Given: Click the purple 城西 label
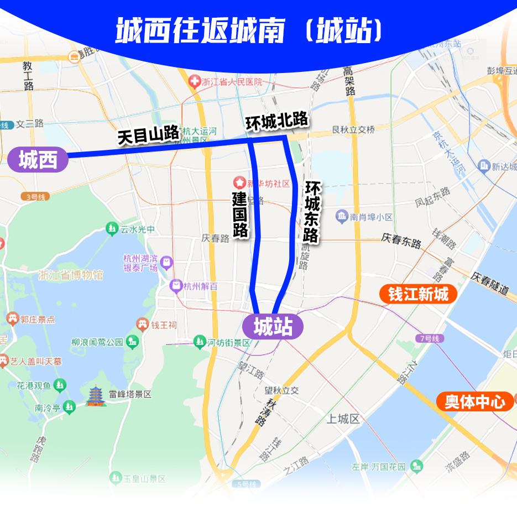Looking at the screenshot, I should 38,160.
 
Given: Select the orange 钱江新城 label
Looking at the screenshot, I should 418,294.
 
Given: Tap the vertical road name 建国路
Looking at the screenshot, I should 240,215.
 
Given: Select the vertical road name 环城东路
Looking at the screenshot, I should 311,211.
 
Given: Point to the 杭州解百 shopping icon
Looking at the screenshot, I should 176,286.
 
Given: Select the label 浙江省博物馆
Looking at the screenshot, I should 71,275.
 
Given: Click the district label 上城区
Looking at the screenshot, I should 343,419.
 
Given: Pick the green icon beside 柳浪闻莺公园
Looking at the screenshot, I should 132,342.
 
